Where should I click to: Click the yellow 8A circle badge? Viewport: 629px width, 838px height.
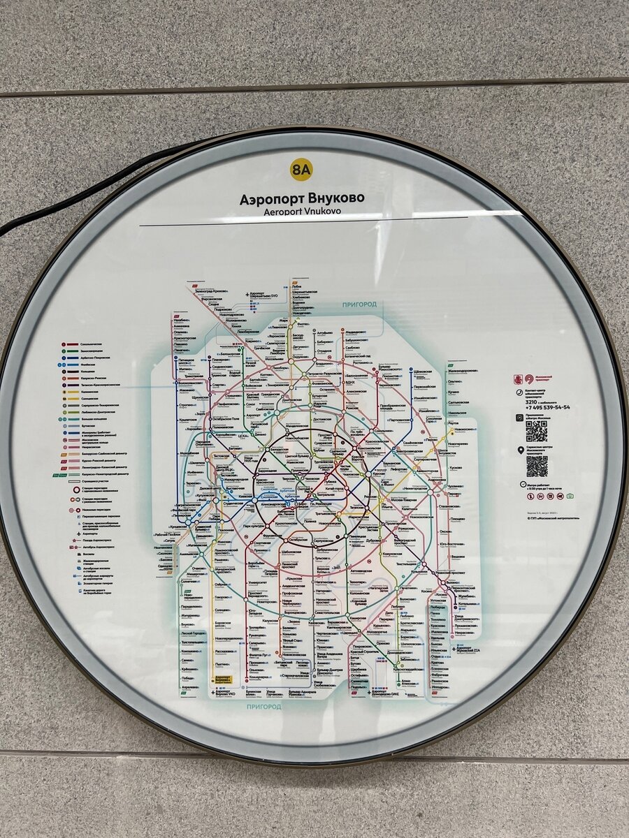coord(301,169)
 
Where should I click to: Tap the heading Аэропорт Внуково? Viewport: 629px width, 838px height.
coord(302,198)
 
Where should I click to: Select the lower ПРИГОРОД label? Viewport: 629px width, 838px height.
coord(263,707)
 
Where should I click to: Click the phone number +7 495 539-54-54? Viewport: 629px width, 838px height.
coord(549,407)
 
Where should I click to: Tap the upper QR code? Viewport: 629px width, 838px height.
coord(536,431)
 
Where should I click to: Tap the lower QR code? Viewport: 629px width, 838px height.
coord(536,466)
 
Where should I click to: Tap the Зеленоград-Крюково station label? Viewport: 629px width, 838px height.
coord(210,291)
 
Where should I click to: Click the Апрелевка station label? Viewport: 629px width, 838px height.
coord(189,686)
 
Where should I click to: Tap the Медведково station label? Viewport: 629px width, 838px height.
coord(356,332)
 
